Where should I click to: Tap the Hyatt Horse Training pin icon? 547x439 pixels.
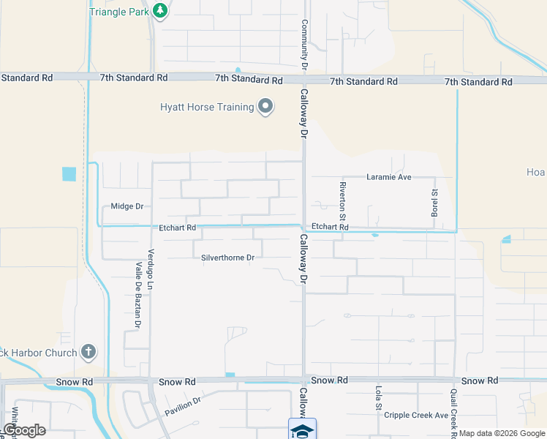[265, 108]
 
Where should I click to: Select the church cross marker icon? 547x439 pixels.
[88, 353]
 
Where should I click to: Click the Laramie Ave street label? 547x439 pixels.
[389, 177]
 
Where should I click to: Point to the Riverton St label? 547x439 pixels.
[342, 200]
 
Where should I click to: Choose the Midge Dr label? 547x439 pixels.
[127, 206]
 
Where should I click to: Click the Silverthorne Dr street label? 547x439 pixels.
[228, 258]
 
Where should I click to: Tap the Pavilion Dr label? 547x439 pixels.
[182, 402]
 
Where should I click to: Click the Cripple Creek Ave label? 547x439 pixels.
[416, 415]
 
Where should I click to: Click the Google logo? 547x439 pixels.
[24, 430]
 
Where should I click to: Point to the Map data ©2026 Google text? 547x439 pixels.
[501, 433]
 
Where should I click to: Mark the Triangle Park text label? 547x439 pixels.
[119, 12]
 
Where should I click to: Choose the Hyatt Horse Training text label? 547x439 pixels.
[207, 108]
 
